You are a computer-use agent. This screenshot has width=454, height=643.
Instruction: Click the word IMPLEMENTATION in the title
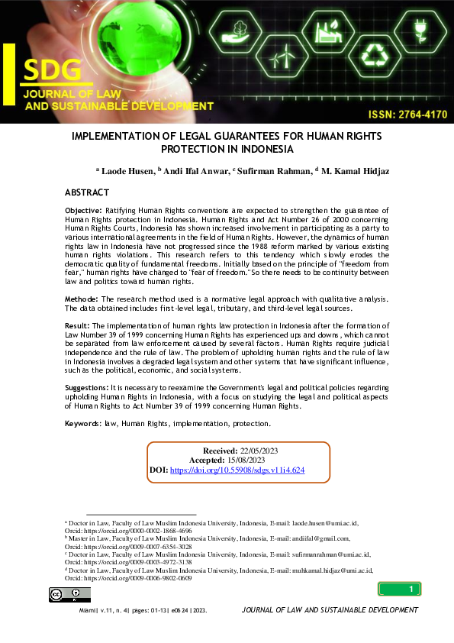click(x=120, y=136)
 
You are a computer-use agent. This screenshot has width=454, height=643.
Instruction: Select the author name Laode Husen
click(x=126, y=173)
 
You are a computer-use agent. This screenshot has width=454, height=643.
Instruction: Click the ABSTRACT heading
click(x=87, y=192)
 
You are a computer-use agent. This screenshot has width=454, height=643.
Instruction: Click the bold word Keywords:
click(x=83, y=423)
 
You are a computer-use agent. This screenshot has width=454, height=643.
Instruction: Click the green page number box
click(x=399, y=589)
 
